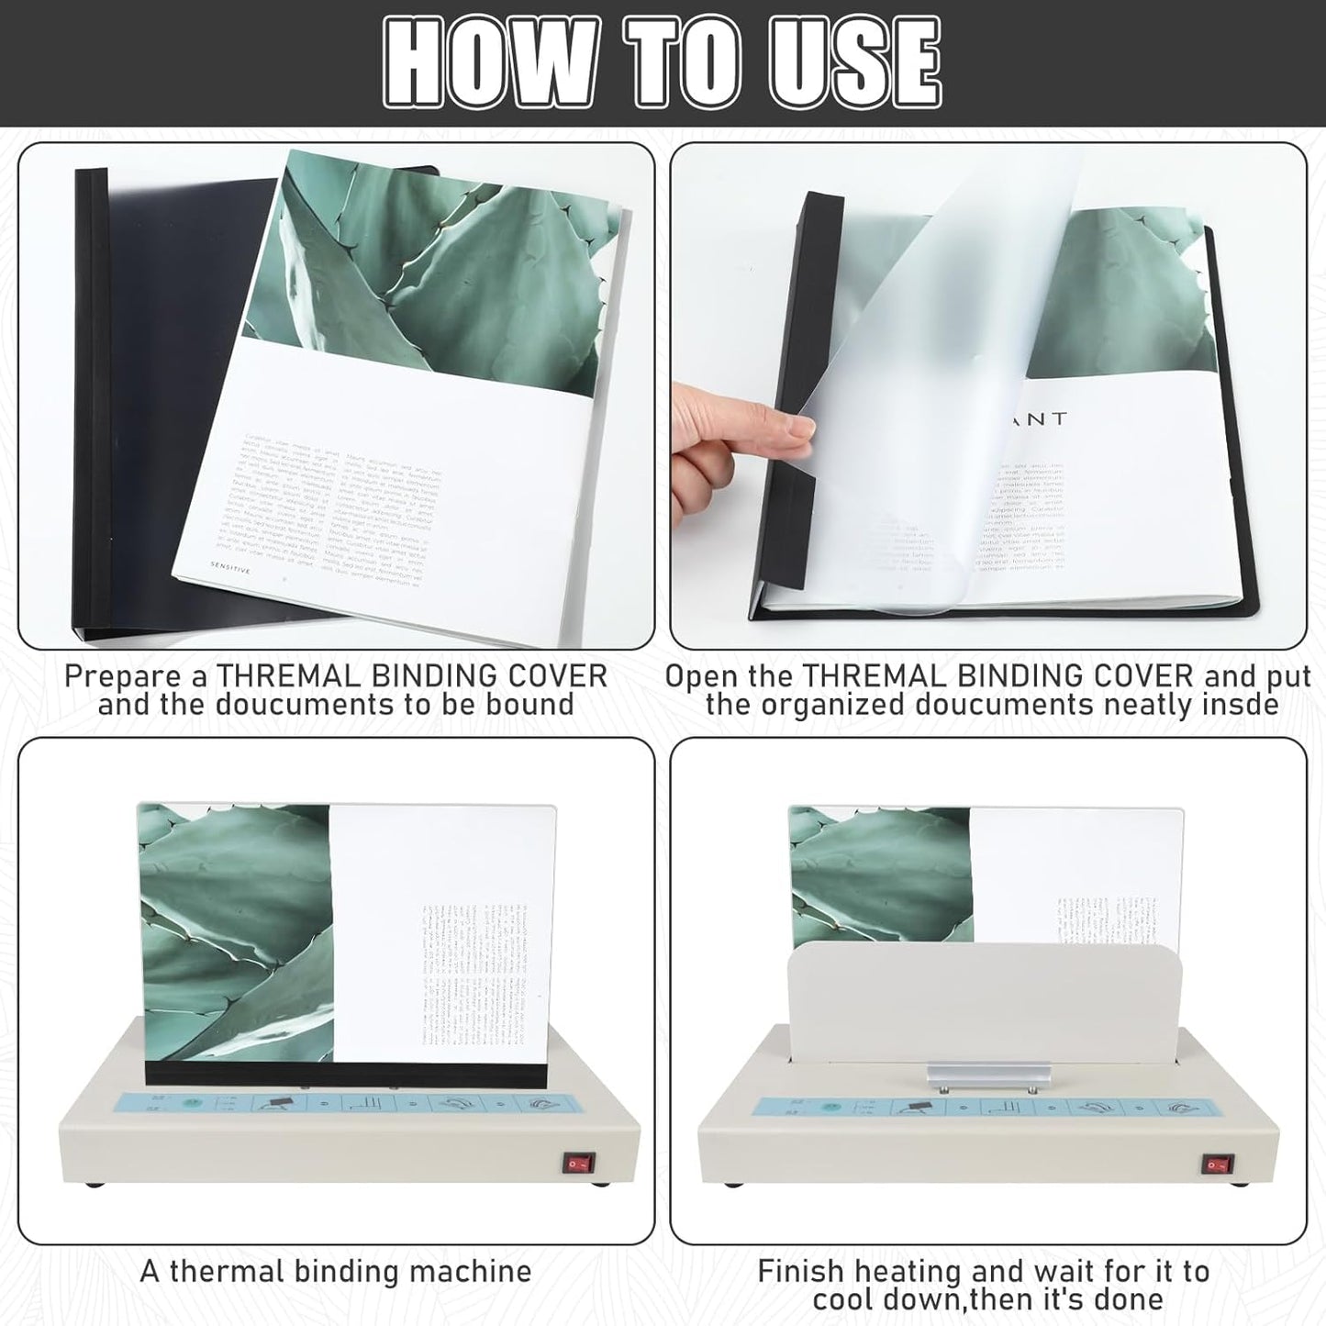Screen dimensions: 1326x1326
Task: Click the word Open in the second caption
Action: [x=702, y=676]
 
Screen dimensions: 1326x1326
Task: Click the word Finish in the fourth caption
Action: [x=800, y=1271]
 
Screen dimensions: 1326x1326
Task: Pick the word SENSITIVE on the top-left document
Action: [x=229, y=565]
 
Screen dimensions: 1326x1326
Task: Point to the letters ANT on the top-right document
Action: [x=1044, y=419]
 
